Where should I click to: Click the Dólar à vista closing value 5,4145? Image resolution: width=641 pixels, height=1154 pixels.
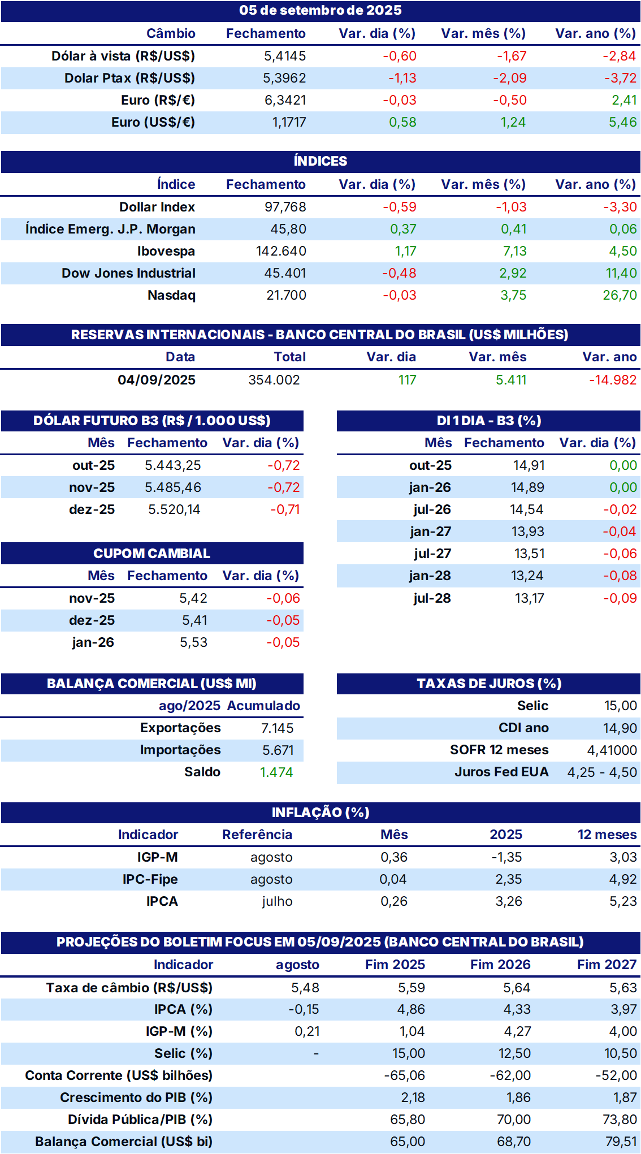pos(285,56)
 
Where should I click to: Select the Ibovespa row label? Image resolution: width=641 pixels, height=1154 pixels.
pos(166,251)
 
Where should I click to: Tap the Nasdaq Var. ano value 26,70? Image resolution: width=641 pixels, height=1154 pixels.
pos(620,295)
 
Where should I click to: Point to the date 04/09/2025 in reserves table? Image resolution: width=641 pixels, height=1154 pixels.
pos(157,380)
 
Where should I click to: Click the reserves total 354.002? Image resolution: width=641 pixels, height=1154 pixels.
pos(274,380)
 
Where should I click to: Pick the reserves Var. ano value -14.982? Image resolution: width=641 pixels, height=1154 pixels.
pos(613,380)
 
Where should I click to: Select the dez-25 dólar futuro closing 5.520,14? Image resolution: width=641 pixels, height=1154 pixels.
pos(174,509)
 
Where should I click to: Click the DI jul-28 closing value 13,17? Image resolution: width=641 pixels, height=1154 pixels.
pos(530,598)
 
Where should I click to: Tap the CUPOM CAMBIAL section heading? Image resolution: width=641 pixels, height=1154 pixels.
pos(151,554)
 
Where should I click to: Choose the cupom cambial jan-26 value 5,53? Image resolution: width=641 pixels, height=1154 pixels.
pos(194,642)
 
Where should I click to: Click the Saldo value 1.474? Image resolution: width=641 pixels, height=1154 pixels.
pos(276,772)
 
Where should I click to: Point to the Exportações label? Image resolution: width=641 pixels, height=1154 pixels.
pos(180,728)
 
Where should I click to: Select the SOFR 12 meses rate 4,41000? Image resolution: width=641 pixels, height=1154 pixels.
pos(612,750)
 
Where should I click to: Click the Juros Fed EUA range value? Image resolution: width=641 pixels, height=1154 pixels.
pos(602,772)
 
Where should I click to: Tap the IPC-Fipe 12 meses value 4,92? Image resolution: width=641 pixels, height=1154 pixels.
pos(623,879)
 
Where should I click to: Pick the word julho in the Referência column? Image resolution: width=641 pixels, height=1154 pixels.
pos(277,901)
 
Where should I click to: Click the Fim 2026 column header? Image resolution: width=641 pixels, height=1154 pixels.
pos(500,965)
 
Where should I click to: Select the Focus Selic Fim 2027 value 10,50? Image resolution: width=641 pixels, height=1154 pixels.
pos(621,1053)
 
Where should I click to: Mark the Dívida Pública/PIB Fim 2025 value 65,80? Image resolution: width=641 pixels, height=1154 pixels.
pos(408,1120)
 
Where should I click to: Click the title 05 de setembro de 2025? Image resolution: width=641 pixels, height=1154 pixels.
pos(321,10)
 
